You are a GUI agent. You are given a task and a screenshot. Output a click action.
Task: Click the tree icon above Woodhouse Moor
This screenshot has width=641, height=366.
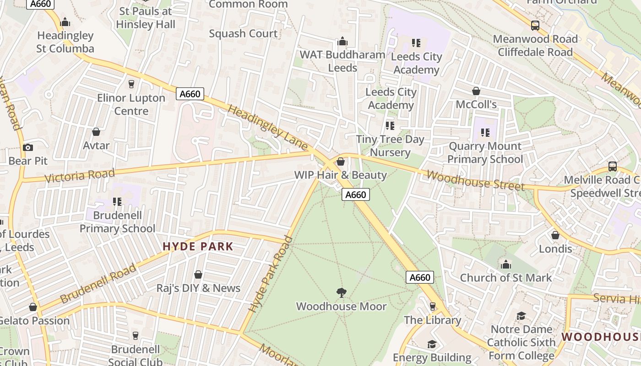(341, 293)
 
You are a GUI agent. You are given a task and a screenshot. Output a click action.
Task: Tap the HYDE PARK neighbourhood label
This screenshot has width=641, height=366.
(198, 247)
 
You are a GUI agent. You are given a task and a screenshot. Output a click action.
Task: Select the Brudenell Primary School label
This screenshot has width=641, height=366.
(118, 222)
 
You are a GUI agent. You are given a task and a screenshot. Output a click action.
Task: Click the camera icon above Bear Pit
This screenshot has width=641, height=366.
(28, 147)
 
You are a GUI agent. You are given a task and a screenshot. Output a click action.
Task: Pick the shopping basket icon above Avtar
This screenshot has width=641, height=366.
(96, 132)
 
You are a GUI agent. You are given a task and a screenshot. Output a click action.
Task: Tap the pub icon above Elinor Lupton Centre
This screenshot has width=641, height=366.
(131, 84)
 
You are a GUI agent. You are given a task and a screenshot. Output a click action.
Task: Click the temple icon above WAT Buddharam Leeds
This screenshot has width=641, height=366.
(342, 42)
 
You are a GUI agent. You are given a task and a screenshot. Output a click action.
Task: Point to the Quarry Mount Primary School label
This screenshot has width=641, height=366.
(485, 153)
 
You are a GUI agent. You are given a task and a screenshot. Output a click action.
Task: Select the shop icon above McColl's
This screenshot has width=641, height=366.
(476, 91)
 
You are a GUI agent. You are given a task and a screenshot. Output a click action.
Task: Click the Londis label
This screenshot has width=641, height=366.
(555, 249)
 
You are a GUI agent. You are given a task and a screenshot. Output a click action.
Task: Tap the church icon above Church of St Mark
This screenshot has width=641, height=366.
(506, 264)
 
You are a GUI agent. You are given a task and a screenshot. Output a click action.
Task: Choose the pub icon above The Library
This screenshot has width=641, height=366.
(432, 306)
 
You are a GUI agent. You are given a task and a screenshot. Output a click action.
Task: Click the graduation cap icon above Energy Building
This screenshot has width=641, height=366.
(432, 344)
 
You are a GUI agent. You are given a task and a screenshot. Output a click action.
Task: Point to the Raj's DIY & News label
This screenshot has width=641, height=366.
(198, 288)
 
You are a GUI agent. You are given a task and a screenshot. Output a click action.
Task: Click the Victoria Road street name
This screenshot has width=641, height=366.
(80, 175)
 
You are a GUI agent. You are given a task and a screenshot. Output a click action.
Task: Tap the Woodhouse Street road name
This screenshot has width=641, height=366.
(475, 181)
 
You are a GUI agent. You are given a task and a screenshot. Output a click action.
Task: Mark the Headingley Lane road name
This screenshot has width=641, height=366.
(267, 127)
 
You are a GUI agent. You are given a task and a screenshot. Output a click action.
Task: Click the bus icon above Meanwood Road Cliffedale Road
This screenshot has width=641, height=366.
(535, 26)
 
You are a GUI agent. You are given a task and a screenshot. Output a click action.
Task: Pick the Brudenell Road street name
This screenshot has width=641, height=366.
(98, 283)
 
